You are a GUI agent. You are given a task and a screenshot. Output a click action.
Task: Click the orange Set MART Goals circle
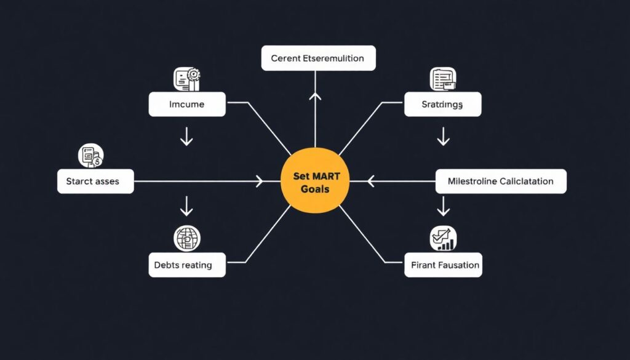click(x=314, y=183)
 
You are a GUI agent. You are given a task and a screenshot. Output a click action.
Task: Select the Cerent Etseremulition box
click(x=318, y=58)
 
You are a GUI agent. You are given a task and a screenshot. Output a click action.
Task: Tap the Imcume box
click(x=186, y=105)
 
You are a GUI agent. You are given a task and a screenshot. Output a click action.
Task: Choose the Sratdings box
click(x=442, y=105)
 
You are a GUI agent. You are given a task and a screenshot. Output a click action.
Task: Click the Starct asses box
click(x=95, y=182)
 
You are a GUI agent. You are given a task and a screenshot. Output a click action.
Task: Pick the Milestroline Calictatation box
click(x=501, y=182)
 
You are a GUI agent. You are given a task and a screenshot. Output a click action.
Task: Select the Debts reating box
click(x=187, y=265)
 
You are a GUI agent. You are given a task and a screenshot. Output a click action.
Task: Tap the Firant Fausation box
click(x=442, y=265)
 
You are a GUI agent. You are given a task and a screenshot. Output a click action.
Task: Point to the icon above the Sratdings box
click(x=443, y=79)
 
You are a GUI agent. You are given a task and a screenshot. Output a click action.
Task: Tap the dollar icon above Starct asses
click(x=91, y=156)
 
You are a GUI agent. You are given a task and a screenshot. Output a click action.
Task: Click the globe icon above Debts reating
click(x=187, y=238)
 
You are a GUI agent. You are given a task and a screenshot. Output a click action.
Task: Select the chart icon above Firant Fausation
click(x=442, y=239)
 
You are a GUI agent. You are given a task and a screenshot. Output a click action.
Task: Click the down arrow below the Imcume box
click(x=187, y=137)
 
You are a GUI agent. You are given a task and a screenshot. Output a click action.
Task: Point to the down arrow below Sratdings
click(x=443, y=137)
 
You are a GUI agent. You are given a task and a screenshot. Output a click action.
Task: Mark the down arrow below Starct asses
click(x=187, y=208)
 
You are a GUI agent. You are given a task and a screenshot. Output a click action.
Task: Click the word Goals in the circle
click(x=314, y=189)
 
